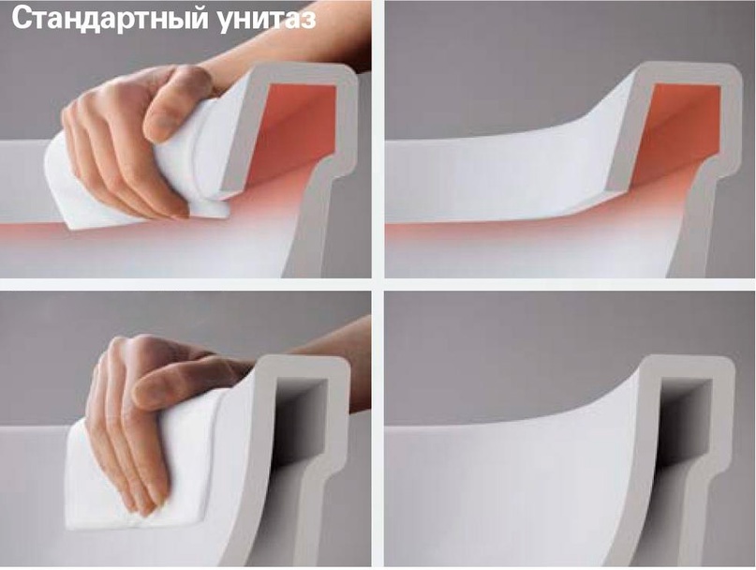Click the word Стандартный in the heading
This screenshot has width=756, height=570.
pyautogui.click(x=110, y=18)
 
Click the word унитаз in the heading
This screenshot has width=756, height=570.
pyautogui.click(x=267, y=20)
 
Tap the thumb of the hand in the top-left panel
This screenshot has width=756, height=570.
pyautogui.click(x=178, y=104)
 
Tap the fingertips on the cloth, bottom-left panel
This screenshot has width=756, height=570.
pyautogui.click(x=144, y=502)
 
